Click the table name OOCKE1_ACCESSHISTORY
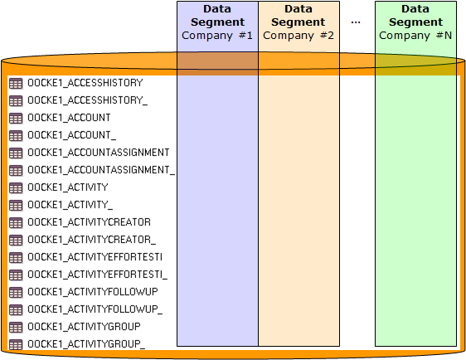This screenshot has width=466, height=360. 85,83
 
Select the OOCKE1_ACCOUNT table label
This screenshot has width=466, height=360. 69,118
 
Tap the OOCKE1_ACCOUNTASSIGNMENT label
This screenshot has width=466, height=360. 99,153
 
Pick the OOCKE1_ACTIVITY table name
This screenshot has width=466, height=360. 68,187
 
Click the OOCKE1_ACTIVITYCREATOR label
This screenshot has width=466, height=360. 90,222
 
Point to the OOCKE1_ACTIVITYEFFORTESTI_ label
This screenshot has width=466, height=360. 98,275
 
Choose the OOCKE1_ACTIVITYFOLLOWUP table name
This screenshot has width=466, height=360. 93,292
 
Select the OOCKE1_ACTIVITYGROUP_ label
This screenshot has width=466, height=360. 86,344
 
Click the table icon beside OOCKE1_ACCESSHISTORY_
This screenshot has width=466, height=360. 16,100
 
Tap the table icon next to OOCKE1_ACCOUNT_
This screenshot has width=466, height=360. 16,135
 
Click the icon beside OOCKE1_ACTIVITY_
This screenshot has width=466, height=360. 16,205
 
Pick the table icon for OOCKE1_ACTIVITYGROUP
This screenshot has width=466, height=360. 16,327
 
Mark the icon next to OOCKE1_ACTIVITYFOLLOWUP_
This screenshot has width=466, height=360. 16,309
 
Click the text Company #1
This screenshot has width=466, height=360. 217,36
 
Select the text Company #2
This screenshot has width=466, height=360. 299,36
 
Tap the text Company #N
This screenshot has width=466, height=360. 415,36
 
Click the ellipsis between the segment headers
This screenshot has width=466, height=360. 356,22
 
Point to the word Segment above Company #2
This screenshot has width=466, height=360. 299,22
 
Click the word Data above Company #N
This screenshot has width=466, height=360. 415,9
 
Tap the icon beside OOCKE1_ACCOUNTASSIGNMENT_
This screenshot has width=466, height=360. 16,170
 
